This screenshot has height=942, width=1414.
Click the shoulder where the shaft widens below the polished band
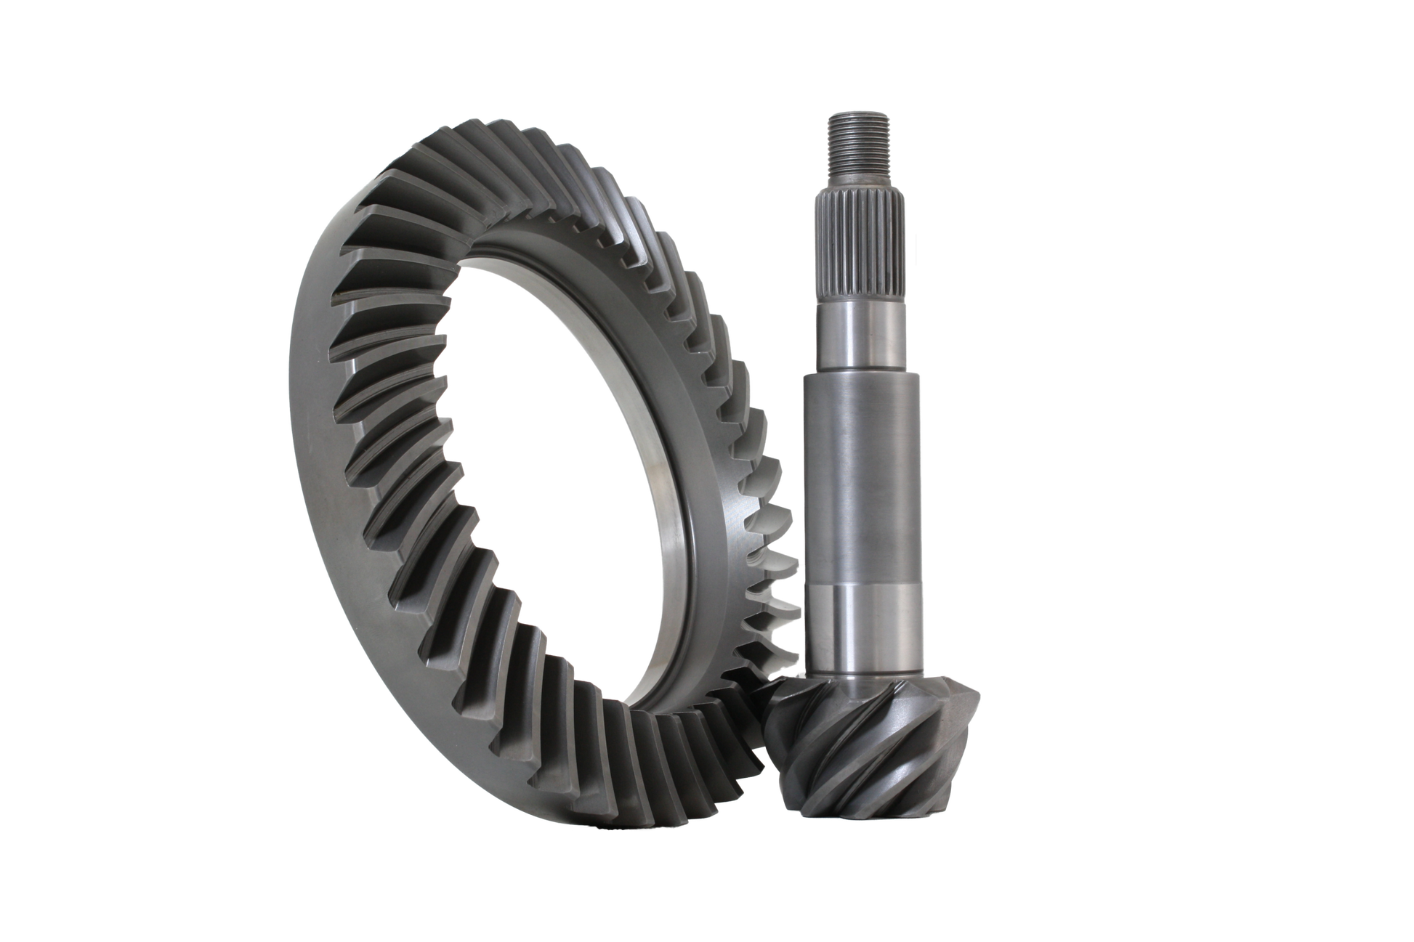[x=862, y=377]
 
